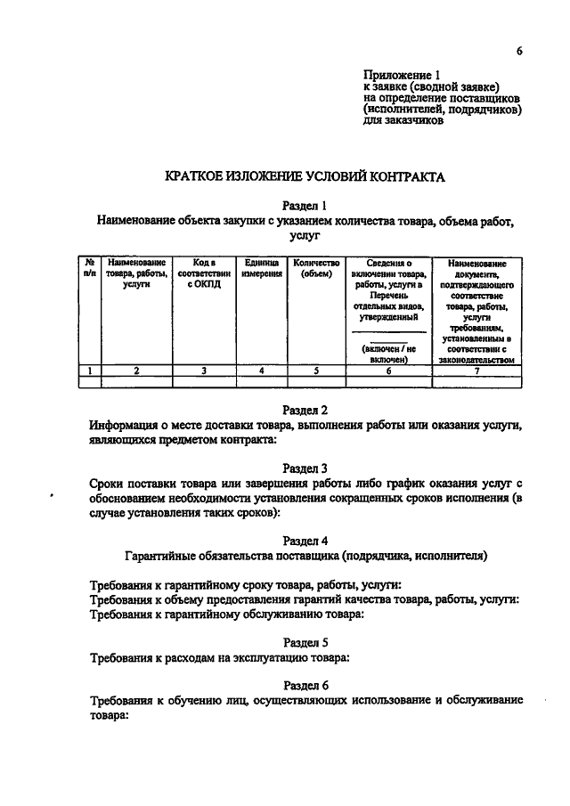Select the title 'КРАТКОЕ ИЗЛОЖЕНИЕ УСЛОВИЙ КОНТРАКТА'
tap(305, 177)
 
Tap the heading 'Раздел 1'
tap(305, 204)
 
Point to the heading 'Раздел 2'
tap(305, 411)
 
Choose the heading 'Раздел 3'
tap(305, 467)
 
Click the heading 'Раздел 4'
tap(305, 540)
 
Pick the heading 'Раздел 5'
tap(305, 641)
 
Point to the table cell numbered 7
tap(477, 371)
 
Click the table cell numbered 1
tap(90, 371)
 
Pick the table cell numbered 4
tap(261, 371)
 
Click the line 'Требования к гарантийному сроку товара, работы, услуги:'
tap(246, 584)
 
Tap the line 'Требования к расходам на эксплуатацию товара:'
tap(219, 658)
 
